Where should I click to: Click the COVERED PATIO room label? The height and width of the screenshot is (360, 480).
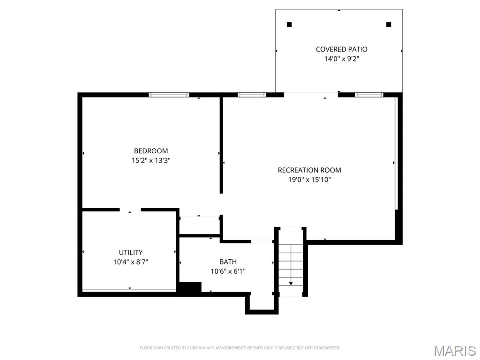[341, 49]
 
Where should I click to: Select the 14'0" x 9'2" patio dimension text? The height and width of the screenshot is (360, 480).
[341, 59]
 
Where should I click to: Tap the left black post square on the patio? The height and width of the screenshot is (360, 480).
[289, 24]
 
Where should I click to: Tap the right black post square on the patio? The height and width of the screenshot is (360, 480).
[388, 24]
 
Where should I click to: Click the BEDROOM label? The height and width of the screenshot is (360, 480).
[151, 151]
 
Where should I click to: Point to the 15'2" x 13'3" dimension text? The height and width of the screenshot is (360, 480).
[151, 160]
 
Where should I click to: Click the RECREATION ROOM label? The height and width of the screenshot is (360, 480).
[309, 170]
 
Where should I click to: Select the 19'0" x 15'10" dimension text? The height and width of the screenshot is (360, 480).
[309, 180]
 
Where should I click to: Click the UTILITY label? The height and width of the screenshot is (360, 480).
[130, 252]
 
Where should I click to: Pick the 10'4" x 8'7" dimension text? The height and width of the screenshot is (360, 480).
[130, 262]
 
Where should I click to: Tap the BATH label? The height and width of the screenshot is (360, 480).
[228, 262]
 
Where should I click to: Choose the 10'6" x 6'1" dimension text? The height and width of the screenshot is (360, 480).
[228, 271]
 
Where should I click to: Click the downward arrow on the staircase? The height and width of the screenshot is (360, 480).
[291, 283]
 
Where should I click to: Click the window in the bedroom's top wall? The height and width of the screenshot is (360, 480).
[169, 95]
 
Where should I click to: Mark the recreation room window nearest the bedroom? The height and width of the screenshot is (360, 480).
[252, 95]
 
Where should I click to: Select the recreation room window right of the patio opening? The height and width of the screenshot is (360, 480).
[369, 95]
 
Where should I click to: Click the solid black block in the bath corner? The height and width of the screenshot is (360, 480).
[190, 288]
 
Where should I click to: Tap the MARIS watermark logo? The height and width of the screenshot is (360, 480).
[454, 351]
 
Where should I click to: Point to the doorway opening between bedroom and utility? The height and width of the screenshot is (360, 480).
[130, 210]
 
